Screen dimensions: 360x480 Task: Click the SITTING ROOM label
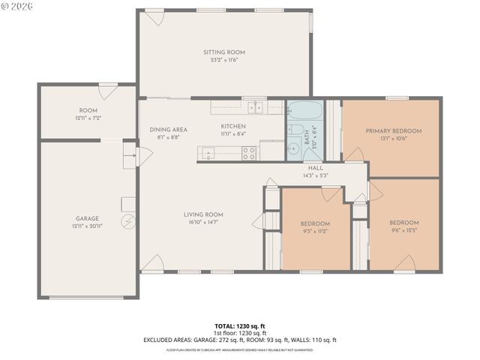(224, 52)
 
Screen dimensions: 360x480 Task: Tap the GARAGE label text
(87, 218)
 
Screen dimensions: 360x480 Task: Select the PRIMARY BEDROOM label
(393, 130)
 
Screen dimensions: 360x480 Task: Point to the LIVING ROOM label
(203, 214)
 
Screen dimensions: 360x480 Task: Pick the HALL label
(315, 168)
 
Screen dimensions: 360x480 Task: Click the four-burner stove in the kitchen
(249, 153)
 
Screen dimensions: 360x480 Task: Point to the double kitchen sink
(256, 106)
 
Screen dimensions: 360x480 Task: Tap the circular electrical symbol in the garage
(128, 223)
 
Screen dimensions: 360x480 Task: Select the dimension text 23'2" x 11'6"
(224, 59)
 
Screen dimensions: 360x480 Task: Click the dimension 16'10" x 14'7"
(203, 222)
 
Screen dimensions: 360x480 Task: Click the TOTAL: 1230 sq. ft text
(240, 327)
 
